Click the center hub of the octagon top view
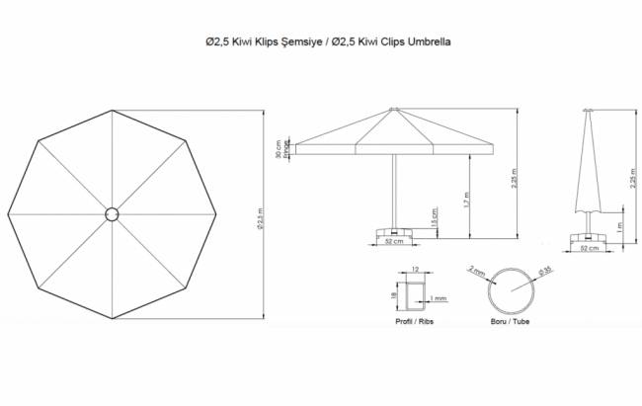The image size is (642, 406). [111, 213]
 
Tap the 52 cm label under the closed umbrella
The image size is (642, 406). [591, 250]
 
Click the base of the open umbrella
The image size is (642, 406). [393, 231]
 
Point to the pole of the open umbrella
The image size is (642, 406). [394, 188]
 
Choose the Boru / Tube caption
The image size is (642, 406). [511, 322]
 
